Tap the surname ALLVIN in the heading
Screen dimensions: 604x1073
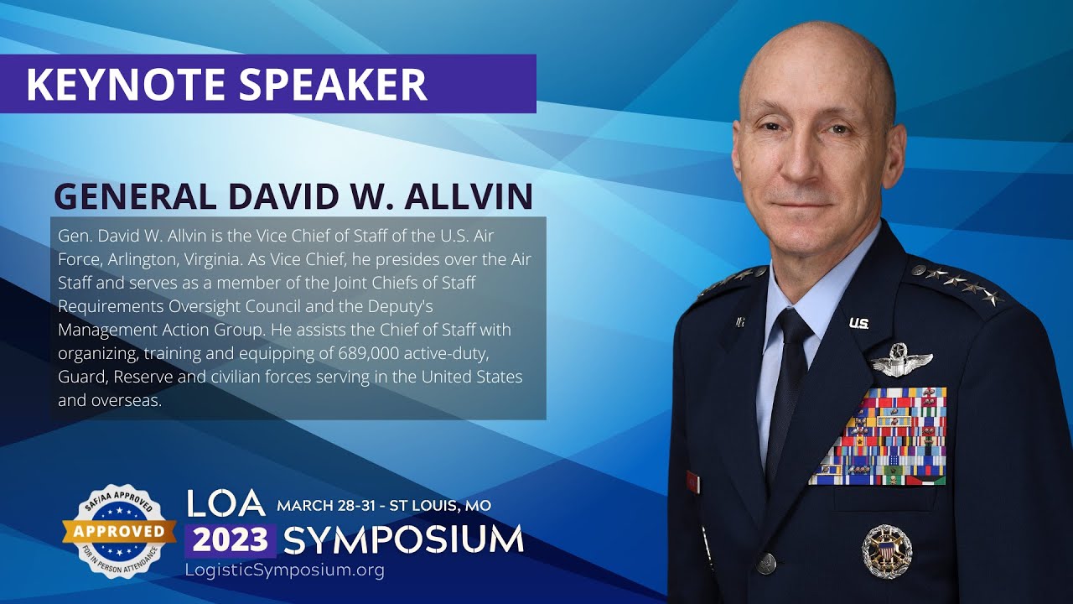click(x=469, y=195)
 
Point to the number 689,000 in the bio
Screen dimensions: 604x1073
click(x=348, y=352)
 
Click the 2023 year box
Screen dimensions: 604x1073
click(x=231, y=540)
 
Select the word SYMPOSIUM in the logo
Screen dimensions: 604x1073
click(x=403, y=540)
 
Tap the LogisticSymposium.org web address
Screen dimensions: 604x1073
click(x=284, y=570)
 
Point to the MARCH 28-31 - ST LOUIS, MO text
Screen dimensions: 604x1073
click(x=384, y=506)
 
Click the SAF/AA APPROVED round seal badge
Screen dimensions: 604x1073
click(x=119, y=530)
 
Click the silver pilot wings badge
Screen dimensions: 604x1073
click(x=901, y=361)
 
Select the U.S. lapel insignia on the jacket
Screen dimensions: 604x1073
click(x=858, y=323)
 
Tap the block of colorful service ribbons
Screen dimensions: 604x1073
click(x=879, y=436)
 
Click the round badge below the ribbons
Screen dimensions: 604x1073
click(x=887, y=550)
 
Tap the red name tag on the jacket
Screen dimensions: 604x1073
click(x=692, y=482)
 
